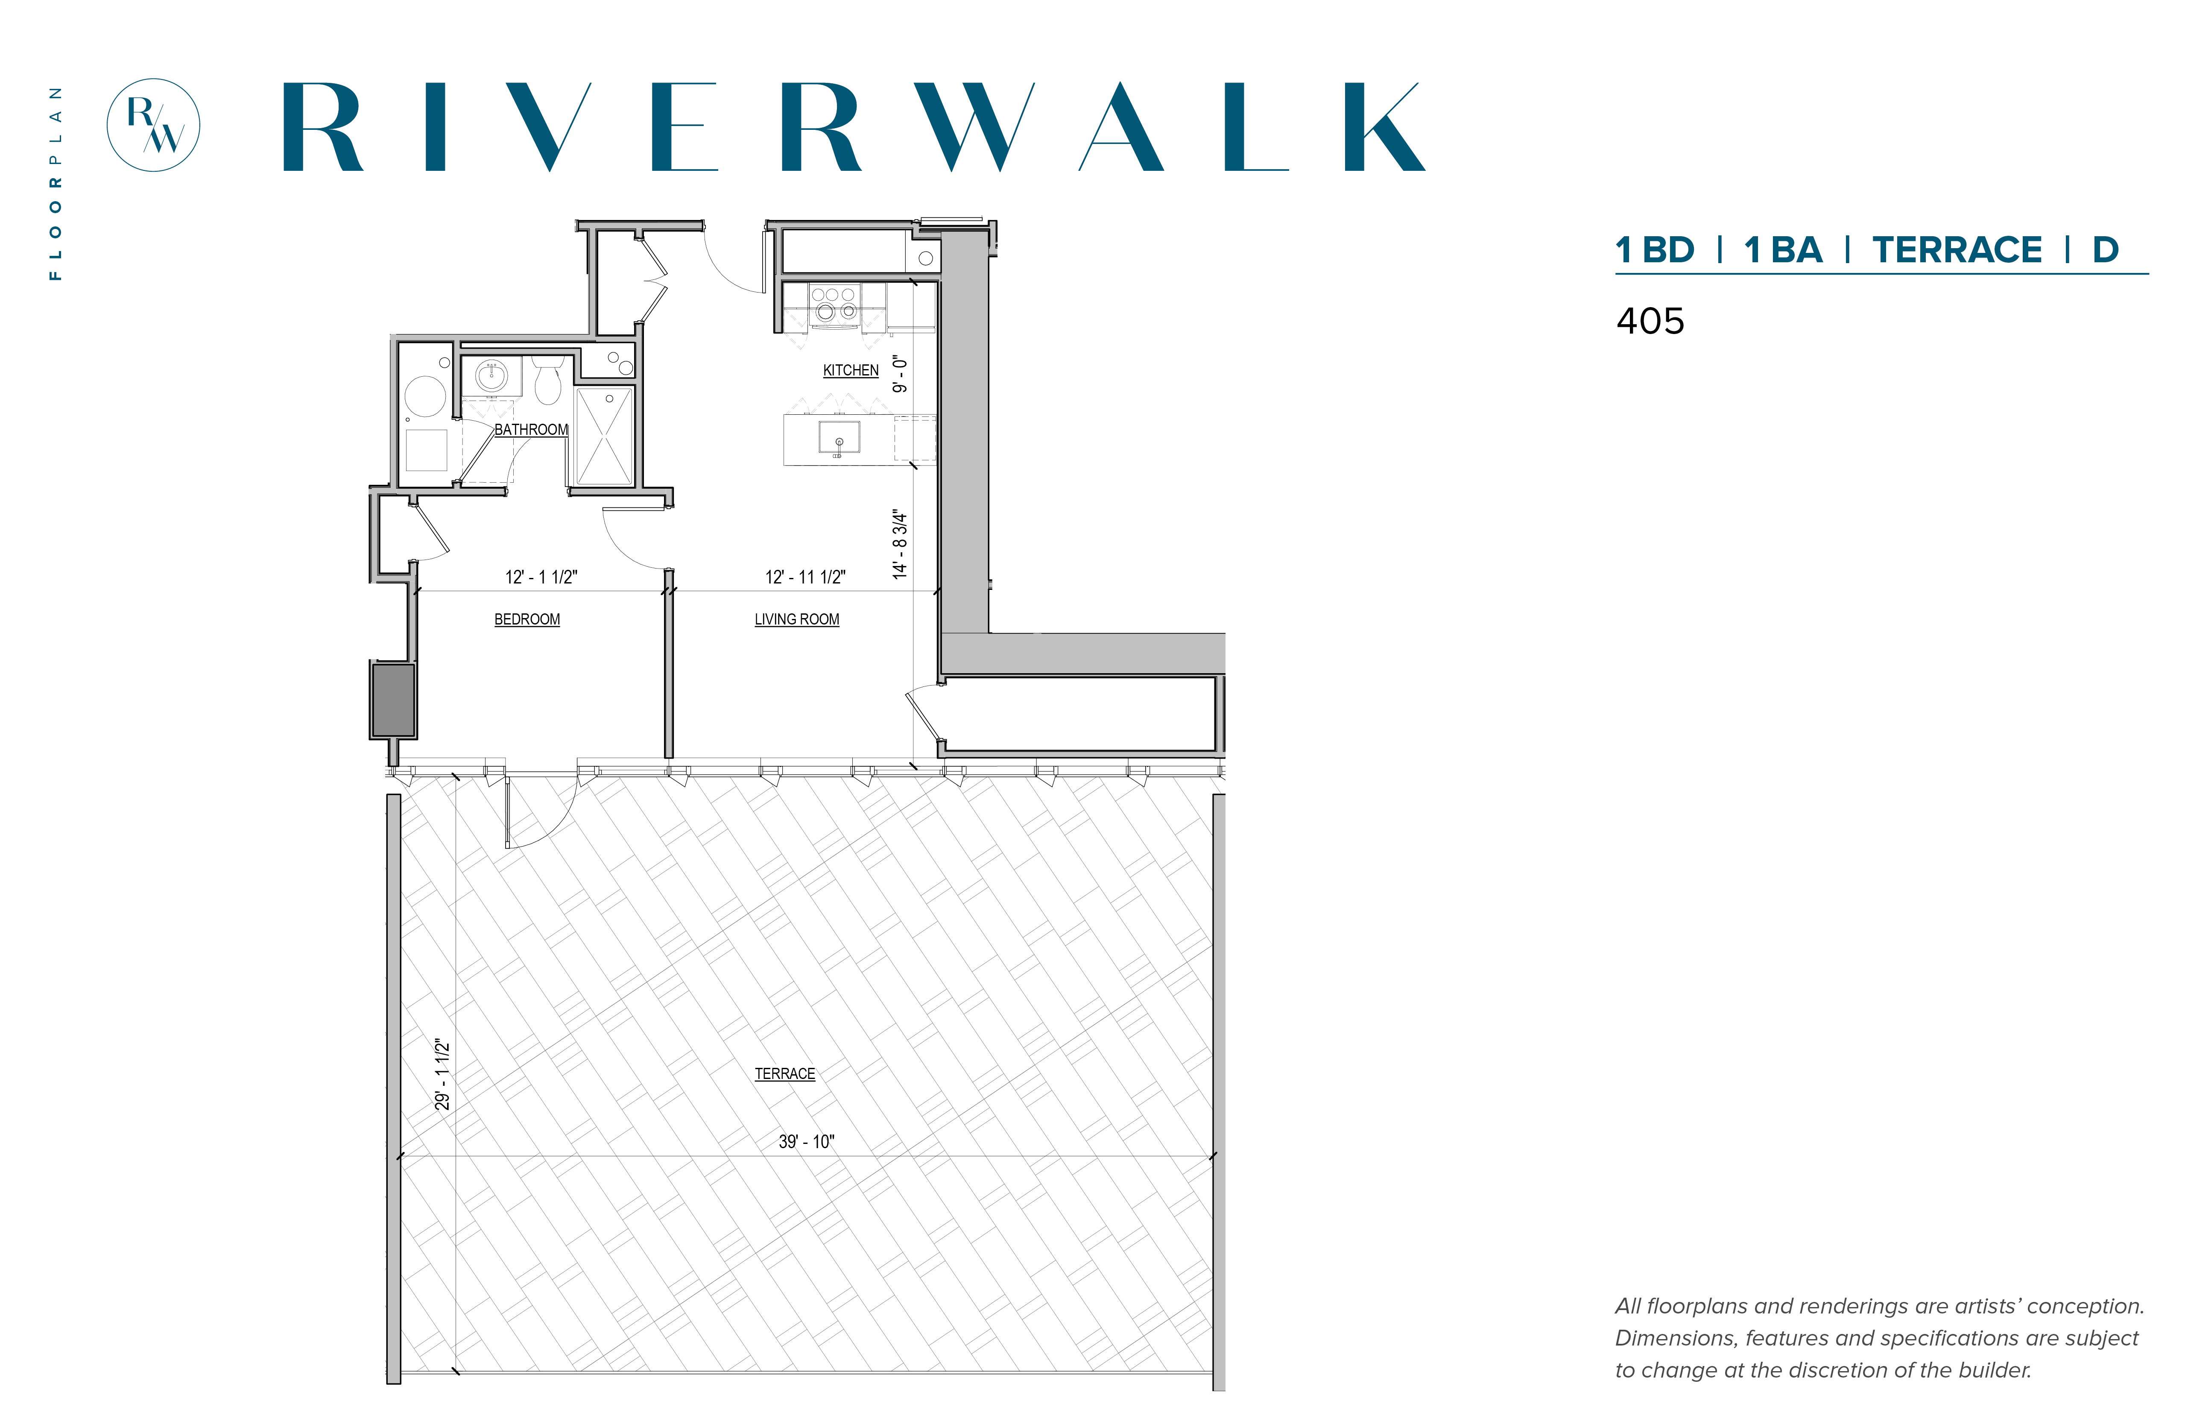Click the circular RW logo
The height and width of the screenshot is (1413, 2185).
(x=153, y=125)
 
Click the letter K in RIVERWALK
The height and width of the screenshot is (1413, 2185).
(x=1384, y=126)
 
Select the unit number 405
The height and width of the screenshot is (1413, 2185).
(x=1650, y=321)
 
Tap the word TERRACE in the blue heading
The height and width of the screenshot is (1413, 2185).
(x=1957, y=249)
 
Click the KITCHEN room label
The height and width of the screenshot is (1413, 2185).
(x=850, y=371)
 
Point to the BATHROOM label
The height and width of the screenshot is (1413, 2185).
(x=531, y=429)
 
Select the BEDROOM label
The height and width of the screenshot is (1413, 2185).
(x=527, y=619)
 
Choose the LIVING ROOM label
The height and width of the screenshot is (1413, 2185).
(x=796, y=619)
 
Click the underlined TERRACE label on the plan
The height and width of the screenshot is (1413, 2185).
(x=784, y=1073)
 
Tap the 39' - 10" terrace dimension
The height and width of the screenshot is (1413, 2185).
(x=806, y=1141)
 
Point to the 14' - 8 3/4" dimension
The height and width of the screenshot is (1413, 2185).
(x=900, y=544)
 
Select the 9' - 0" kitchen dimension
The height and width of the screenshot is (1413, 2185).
(x=900, y=374)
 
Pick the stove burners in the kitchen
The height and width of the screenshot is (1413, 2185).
(x=833, y=303)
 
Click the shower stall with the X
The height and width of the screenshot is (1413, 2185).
(x=605, y=436)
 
